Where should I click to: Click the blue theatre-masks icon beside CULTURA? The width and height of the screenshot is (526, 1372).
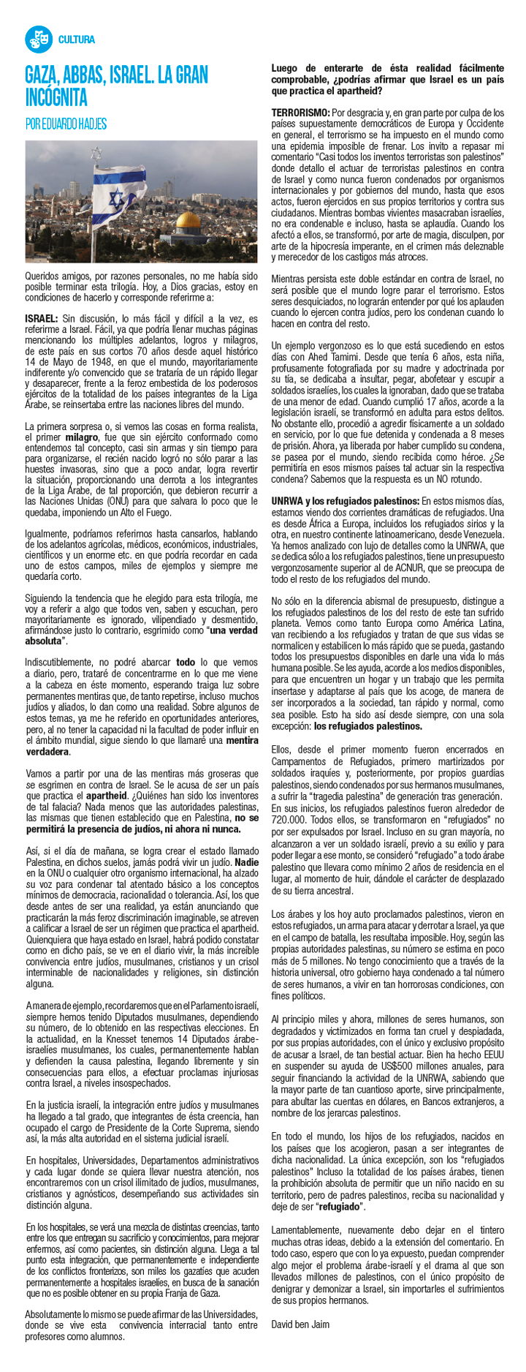(x=38, y=39)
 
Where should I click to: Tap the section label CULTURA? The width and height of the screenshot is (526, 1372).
(x=76, y=39)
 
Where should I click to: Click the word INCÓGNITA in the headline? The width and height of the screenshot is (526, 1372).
(x=56, y=97)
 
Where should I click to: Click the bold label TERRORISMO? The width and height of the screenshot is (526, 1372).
(x=300, y=113)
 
